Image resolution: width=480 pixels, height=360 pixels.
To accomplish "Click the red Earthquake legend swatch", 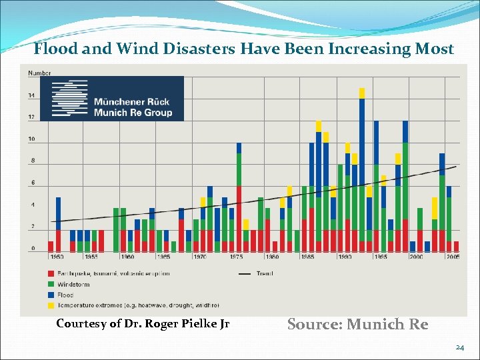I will pos(51,273).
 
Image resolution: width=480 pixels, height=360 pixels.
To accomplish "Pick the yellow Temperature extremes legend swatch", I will pos(51,305).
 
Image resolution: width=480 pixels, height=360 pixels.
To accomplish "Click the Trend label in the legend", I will pos(264,273).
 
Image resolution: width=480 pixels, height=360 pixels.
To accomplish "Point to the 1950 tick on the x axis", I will pos(57,256).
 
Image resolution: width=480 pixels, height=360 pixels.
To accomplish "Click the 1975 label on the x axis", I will pos(236,256).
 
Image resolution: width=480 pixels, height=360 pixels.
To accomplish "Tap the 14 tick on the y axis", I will pos(31,96).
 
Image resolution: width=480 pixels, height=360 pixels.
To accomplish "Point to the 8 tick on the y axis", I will pos(32,161).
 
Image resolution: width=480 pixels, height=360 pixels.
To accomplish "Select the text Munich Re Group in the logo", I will pos(133,113).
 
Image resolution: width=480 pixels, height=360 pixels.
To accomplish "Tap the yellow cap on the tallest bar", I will pos(362,93).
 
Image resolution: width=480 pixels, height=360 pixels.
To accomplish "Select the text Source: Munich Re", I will pos(357,324).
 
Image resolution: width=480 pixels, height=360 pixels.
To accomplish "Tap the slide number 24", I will pos(459,347).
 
